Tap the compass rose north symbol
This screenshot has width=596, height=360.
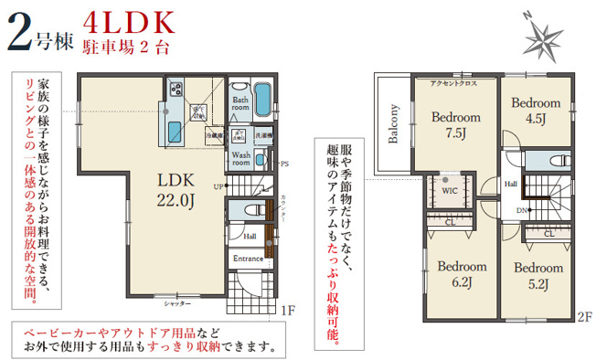pos(546,37)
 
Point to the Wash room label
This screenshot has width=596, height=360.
pos(241,159)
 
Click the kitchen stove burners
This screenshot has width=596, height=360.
pos(174,90)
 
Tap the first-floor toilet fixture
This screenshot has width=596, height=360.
pos(258,209)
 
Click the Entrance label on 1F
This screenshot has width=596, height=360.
pos(248,259)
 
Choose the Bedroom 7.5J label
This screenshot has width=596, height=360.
pos(455,125)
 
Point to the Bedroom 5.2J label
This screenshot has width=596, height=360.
pos(537,275)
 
